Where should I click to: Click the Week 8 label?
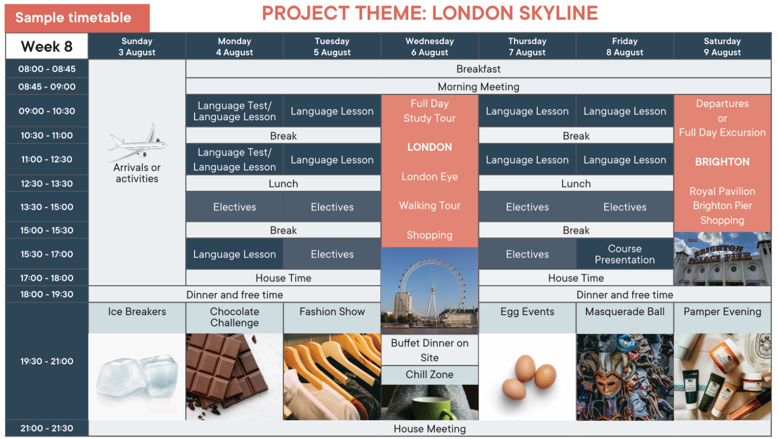point(47,47)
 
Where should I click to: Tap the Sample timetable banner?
point(77,18)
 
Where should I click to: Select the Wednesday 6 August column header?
point(429,47)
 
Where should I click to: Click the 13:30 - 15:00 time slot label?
point(47,207)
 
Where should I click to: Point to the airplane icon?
point(138,143)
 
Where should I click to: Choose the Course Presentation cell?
point(624,254)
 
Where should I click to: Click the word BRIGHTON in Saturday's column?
point(722,162)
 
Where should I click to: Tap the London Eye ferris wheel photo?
point(429,291)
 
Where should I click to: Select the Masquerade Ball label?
point(624,311)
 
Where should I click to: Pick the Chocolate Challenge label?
point(234,317)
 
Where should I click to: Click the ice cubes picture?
point(138,376)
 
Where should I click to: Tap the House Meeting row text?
point(429,429)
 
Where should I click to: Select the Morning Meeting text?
point(478,87)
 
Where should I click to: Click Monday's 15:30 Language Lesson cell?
point(234,254)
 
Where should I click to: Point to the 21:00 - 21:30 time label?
point(47,428)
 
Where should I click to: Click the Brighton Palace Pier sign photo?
point(723,259)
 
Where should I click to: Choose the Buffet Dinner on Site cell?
point(429,350)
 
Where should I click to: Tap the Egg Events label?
point(527,311)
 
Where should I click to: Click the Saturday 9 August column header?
point(723,47)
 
